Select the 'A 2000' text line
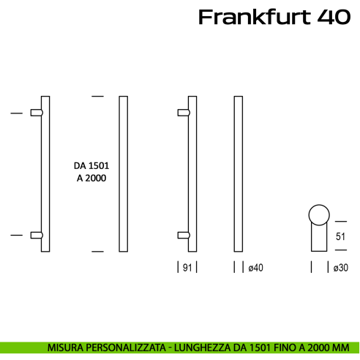(x=91, y=179)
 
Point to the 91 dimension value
(x=188, y=268)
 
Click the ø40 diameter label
(x=255, y=268)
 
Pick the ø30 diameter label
(x=340, y=268)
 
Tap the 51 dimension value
(x=340, y=236)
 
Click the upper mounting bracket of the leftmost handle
(x=37, y=113)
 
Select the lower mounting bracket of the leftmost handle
(x=37, y=235)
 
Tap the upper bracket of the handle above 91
(x=184, y=113)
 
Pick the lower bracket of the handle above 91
(x=184, y=235)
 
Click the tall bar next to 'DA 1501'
(x=124, y=173)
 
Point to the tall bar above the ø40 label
(x=238, y=173)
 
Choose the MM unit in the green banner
(x=341, y=347)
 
